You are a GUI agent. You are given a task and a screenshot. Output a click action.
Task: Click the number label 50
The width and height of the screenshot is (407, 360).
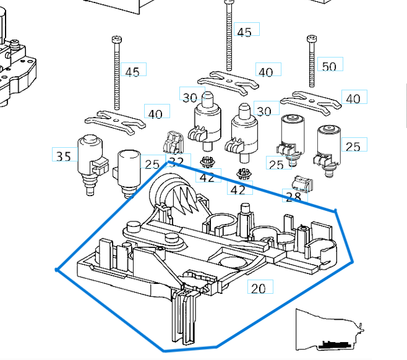[x=329, y=66]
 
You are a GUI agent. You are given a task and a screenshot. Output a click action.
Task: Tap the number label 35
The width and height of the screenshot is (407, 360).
[x=64, y=156]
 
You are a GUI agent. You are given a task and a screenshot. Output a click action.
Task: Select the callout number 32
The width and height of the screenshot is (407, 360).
[x=176, y=162]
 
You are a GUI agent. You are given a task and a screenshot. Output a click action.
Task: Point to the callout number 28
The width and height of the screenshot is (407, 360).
[x=293, y=197]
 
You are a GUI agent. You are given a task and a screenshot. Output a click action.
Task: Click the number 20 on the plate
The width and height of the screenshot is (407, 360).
[x=258, y=288]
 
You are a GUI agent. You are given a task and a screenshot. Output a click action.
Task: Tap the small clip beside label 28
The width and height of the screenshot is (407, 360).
[x=302, y=183]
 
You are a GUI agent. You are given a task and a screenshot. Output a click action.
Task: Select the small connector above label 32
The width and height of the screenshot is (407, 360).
[x=171, y=142]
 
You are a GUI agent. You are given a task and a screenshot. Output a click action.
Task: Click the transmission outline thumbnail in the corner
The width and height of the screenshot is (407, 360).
[x=328, y=331]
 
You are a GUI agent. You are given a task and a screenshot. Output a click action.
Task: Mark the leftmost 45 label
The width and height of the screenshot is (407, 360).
[x=132, y=72]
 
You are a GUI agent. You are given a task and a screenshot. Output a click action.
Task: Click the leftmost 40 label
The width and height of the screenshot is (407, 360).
[x=156, y=114]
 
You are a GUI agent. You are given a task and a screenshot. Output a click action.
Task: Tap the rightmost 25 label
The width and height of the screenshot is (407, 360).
[x=353, y=147]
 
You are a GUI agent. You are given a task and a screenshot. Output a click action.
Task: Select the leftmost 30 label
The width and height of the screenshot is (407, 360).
[x=189, y=97]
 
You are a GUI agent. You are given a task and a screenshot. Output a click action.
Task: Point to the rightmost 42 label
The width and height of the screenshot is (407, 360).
[x=238, y=189]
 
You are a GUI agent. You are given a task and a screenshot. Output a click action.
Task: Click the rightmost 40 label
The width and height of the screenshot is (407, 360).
[x=353, y=99]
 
